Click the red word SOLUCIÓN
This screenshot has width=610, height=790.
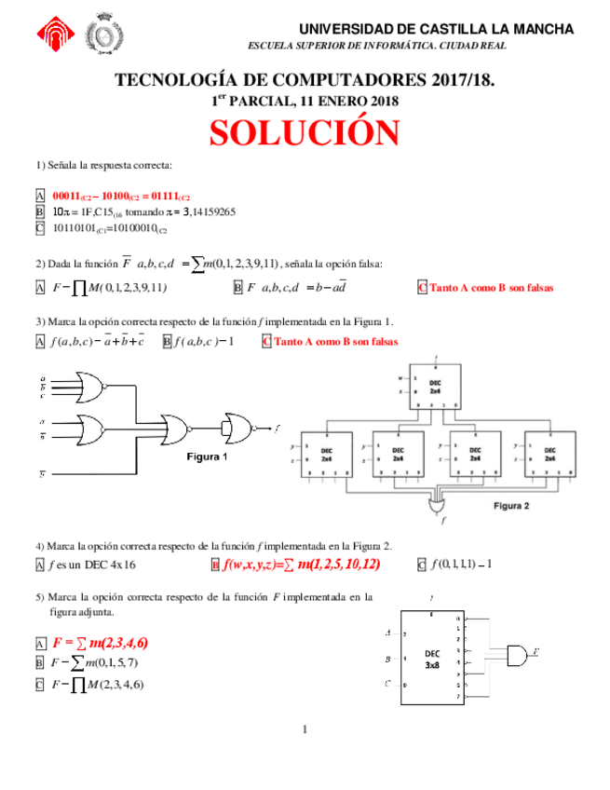(x=305, y=133)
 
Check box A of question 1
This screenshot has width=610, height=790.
(x=40, y=197)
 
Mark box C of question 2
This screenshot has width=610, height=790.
(x=423, y=288)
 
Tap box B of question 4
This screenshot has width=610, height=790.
(x=215, y=565)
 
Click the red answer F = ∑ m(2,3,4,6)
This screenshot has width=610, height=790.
(x=101, y=643)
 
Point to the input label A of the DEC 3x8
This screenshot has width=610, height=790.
(x=387, y=633)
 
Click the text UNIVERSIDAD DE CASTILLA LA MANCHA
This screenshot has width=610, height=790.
(x=435, y=29)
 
